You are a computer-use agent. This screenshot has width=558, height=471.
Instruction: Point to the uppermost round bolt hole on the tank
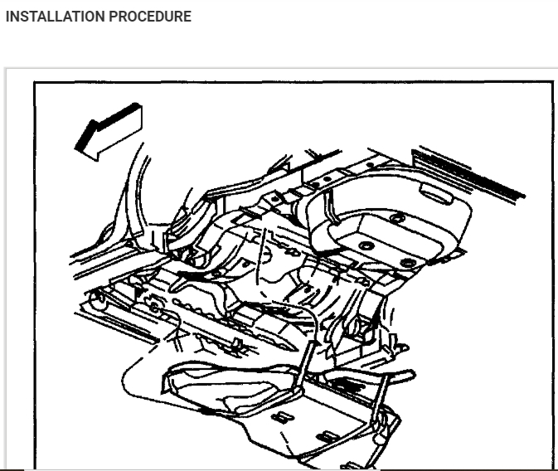click(397, 217)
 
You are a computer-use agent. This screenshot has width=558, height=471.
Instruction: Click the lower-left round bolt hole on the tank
click(365, 246)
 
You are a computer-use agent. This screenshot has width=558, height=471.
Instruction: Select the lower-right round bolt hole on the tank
click(408, 262)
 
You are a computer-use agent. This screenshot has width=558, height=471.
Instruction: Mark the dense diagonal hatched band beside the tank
click(468, 171)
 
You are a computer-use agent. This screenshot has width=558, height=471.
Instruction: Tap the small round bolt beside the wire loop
click(153, 307)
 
